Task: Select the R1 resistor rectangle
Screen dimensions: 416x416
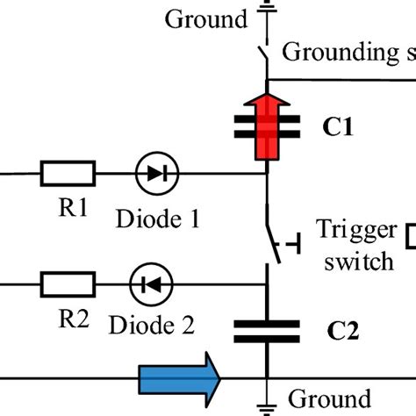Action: point(68,173)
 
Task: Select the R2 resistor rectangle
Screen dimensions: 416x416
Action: point(68,283)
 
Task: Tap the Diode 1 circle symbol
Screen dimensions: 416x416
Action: point(157,173)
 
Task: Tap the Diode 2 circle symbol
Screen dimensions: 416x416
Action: point(151,283)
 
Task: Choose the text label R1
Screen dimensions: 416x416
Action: point(67,212)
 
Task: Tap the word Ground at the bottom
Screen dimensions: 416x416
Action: point(329,397)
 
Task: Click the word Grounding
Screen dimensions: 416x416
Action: point(341,52)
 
